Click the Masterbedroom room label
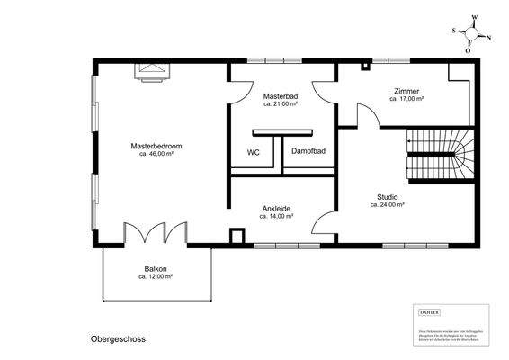point(156,146)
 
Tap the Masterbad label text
point(281,95)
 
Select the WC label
point(254,152)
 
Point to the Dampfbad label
point(308,152)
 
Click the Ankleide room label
point(277,208)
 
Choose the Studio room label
point(388,197)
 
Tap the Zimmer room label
point(406,91)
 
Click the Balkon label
point(156,269)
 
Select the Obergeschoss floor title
point(117,340)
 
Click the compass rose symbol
point(469,34)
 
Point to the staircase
point(439,154)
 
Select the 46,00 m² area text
point(156,154)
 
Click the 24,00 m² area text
point(388,205)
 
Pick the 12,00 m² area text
point(156,277)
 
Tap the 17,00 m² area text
point(406,99)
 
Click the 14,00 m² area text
point(277,216)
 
